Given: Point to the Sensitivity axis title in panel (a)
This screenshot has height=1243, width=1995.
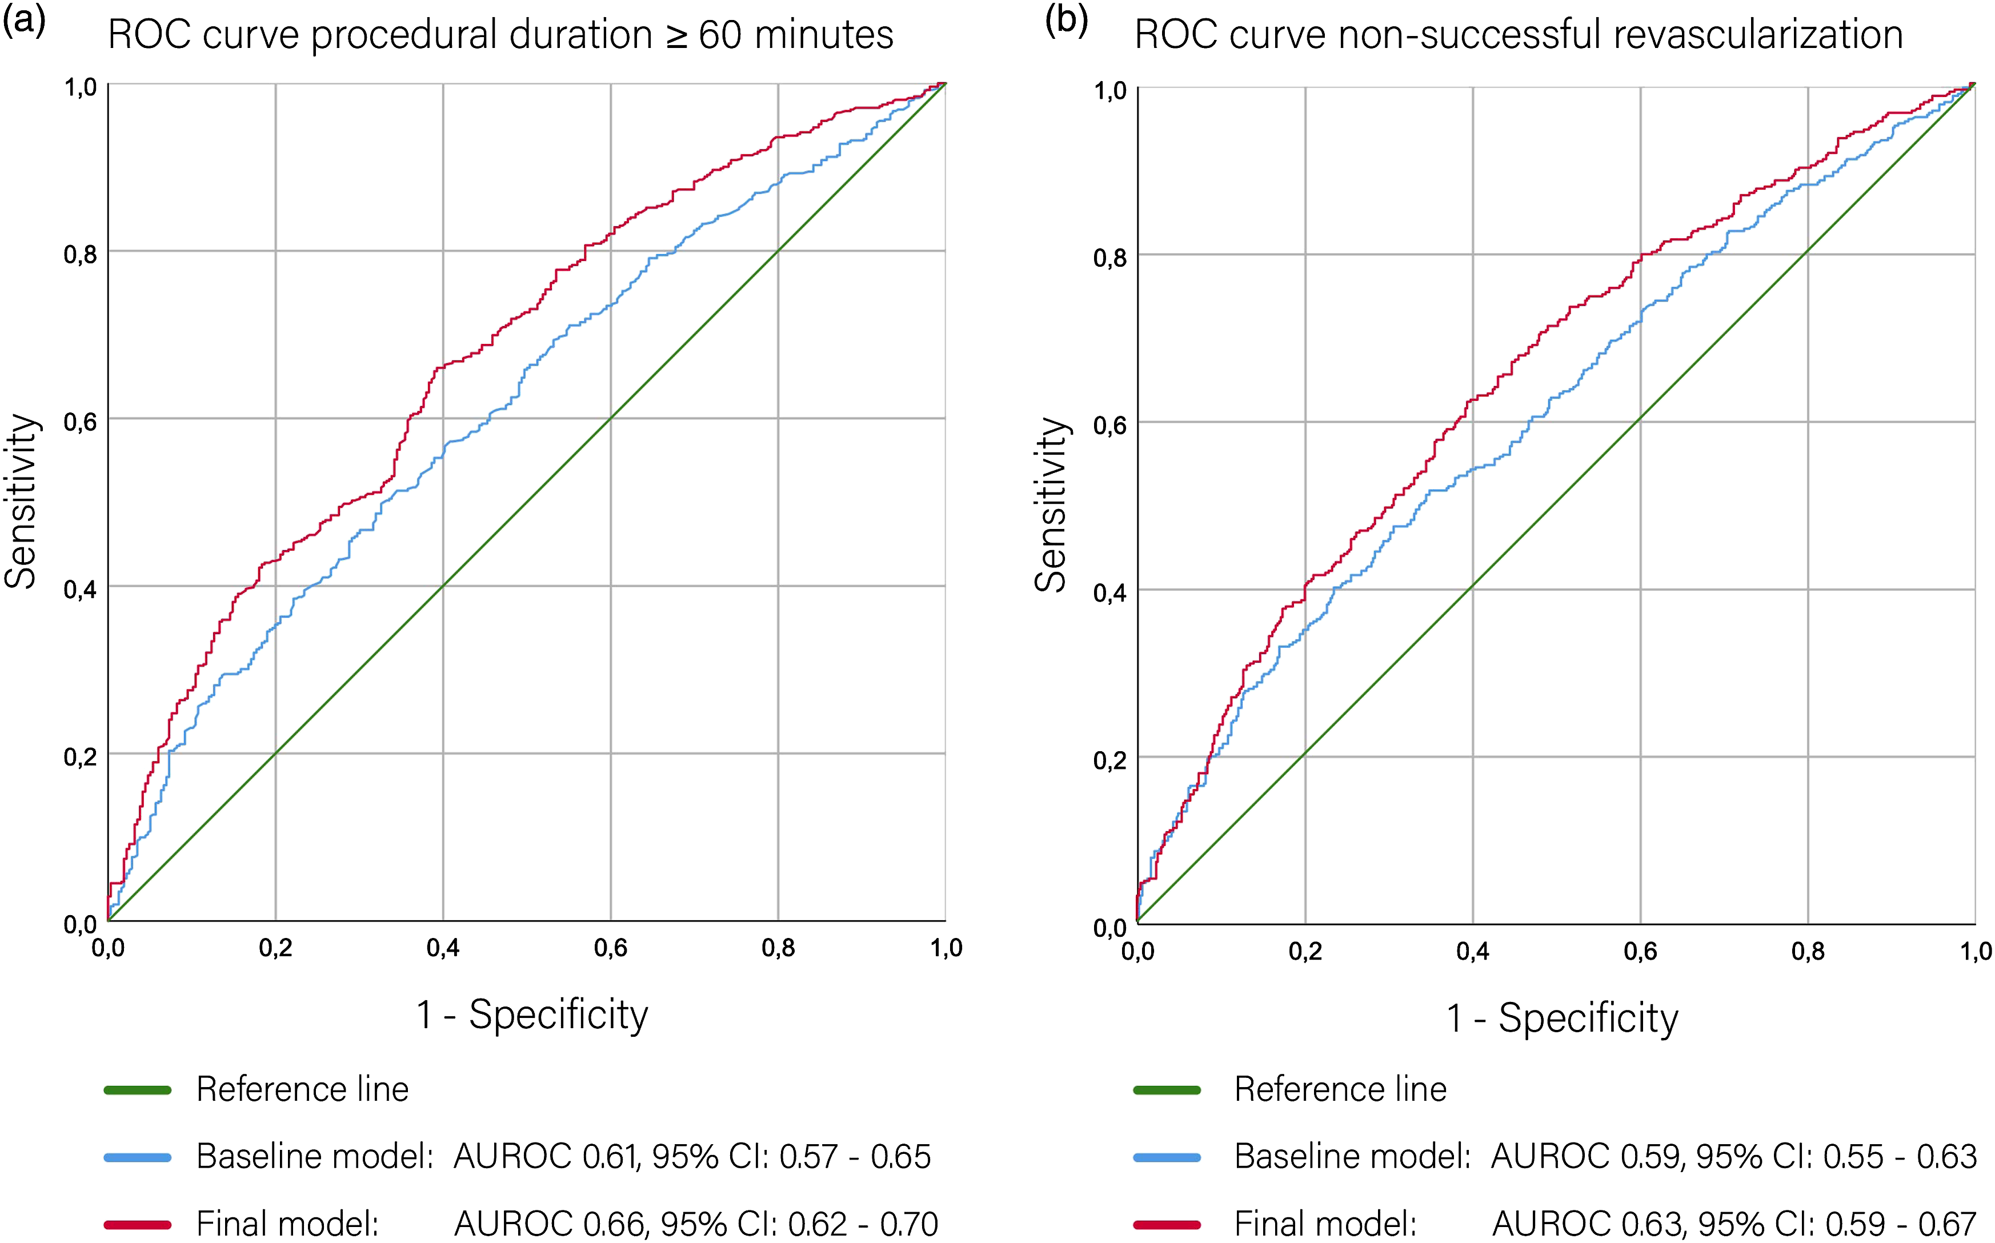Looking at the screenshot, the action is [21, 502].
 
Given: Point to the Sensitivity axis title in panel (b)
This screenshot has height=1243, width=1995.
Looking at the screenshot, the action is [1051, 505].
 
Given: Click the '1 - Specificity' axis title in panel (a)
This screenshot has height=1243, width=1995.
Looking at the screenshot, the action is [532, 1015].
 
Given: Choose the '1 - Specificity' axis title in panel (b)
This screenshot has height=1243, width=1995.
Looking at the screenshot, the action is [1562, 1018].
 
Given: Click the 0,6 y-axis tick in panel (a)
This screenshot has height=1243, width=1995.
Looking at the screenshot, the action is [81, 422].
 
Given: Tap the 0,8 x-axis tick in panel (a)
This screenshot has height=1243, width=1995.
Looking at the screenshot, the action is [779, 948].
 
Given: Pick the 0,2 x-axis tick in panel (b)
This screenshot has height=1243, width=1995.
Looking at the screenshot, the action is [1305, 951].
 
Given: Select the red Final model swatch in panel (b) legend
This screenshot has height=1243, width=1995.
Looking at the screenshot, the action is [1167, 1225].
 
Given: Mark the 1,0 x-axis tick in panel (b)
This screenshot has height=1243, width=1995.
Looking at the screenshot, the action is [1976, 951].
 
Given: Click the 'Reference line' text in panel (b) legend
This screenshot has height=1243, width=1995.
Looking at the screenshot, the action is [1341, 1089].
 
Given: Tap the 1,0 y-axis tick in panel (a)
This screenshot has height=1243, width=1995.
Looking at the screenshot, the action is [81, 86].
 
